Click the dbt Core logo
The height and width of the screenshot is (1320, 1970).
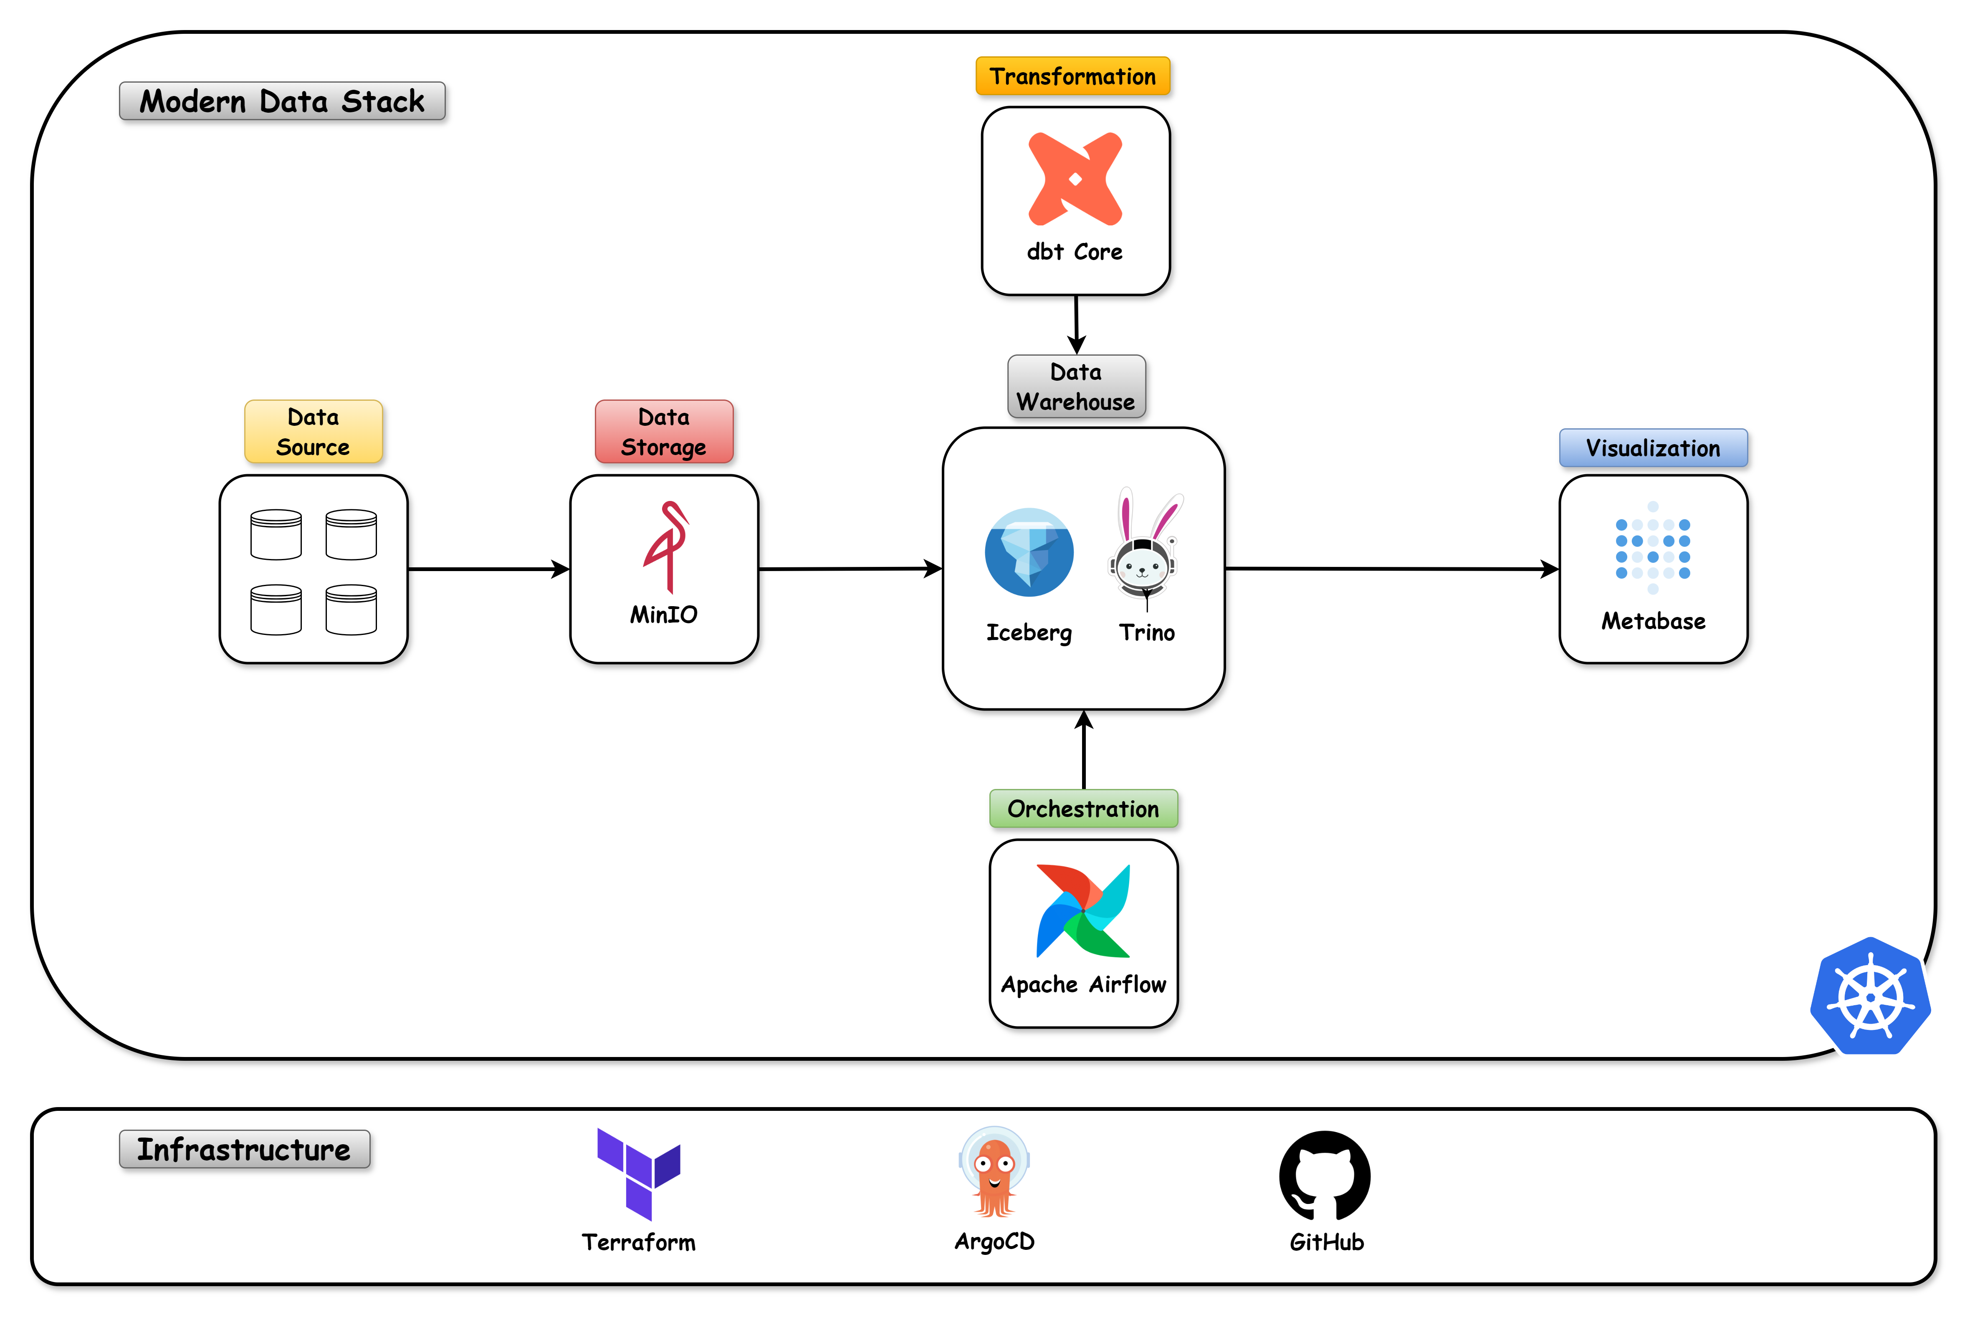coord(1075,179)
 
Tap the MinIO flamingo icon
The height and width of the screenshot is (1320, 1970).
coord(667,547)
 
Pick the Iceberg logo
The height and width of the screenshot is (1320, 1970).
coord(1029,552)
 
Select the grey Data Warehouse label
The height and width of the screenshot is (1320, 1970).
coord(1076,387)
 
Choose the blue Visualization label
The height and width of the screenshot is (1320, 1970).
coord(1653,448)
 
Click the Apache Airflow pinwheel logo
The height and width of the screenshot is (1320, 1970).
coord(1082,911)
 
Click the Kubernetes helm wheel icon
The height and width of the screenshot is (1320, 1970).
coord(1870,997)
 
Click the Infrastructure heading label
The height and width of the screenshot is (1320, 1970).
coord(244,1149)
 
